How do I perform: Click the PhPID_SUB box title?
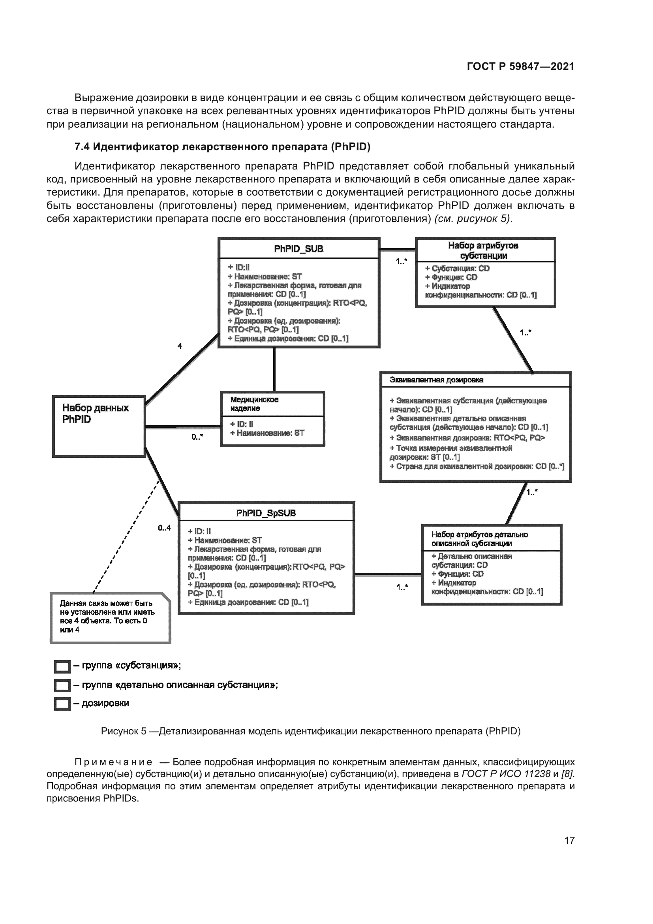point(298,249)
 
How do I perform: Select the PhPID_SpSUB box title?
point(266,513)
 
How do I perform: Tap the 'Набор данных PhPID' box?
point(99,426)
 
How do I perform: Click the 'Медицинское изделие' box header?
point(272,404)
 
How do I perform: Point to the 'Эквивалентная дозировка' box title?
point(436,380)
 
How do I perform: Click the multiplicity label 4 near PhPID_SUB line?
point(180,346)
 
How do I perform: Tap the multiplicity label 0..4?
point(164,528)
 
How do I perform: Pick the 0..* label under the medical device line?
point(197,437)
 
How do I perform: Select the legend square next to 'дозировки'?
point(62,704)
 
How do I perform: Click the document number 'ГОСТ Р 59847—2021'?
point(520,66)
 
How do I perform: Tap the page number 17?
point(569,840)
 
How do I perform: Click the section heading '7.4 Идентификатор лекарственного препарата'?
point(222,147)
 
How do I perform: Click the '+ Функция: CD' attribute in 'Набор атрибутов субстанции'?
point(451,277)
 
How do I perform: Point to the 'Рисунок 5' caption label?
point(124,731)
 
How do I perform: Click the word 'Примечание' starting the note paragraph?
point(113,762)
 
